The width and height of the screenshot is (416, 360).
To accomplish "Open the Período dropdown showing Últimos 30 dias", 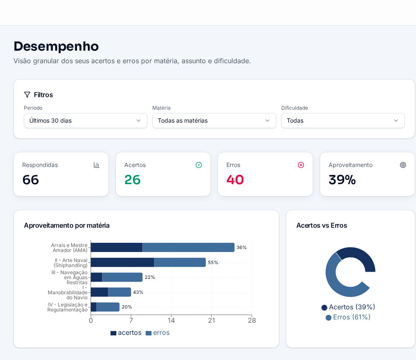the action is [85, 121].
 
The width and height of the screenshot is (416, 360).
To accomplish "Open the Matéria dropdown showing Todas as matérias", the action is [214, 121].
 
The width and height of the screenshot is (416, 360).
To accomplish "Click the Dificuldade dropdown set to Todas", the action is [343, 121].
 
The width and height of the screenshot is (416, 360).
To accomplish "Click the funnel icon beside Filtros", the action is [27, 95].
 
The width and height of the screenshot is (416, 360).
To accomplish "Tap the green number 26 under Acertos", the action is [132, 180].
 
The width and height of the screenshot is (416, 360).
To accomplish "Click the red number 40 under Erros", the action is [235, 180].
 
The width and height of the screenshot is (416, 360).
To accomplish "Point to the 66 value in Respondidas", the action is [31, 180].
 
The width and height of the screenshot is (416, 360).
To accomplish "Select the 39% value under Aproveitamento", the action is [342, 180].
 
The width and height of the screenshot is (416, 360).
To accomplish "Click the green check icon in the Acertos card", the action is [199, 165].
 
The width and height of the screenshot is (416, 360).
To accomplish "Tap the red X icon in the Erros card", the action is [301, 165].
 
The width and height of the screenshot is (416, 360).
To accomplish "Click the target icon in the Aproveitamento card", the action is [403, 165].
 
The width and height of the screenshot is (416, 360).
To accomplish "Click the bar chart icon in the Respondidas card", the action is [97, 165].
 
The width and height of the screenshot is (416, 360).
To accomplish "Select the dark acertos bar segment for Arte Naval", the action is [123, 262].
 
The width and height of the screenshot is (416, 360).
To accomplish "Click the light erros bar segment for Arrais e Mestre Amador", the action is [188, 247].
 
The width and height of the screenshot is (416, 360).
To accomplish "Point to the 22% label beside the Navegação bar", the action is [150, 277].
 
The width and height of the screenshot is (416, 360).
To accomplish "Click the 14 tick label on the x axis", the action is [172, 321].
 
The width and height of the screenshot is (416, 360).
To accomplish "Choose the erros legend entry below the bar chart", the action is [158, 333].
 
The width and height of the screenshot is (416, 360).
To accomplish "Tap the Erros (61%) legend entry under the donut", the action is [348, 317].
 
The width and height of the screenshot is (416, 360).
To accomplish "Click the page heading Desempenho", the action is [56, 46].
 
